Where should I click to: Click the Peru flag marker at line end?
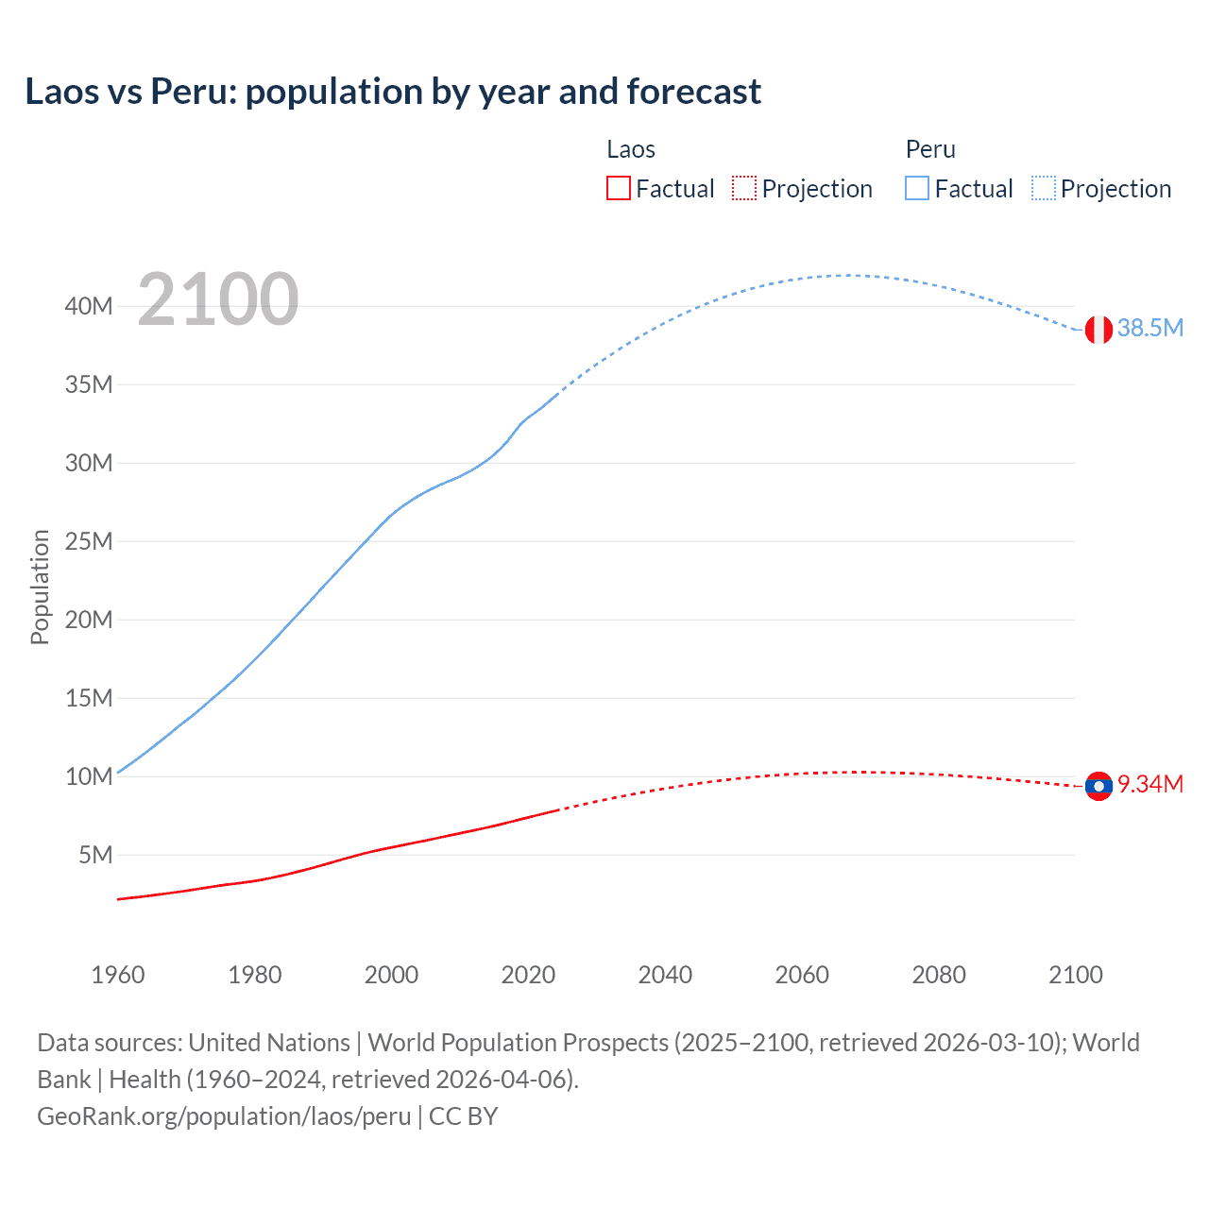click(1098, 330)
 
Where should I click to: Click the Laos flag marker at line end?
click(1098, 786)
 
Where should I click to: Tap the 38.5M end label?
click(1150, 329)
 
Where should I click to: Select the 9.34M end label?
click(1150, 785)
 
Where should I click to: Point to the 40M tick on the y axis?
click(89, 306)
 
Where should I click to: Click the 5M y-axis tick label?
click(95, 855)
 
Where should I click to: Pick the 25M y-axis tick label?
click(89, 541)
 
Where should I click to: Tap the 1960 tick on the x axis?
click(118, 975)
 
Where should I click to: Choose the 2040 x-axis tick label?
click(665, 975)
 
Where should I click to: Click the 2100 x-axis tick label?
click(1076, 975)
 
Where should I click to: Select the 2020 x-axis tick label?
click(528, 975)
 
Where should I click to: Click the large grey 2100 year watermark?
click(218, 300)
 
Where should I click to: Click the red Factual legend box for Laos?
click(619, 188)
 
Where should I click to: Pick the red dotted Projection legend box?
click(744, 188)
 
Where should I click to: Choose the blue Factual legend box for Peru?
click(917, 188)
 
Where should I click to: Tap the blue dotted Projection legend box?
click(1044, 188)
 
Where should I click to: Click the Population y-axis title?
click(40, 587)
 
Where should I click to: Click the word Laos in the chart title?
click(62, 92)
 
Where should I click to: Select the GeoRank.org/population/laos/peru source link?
click(224, 1116)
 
